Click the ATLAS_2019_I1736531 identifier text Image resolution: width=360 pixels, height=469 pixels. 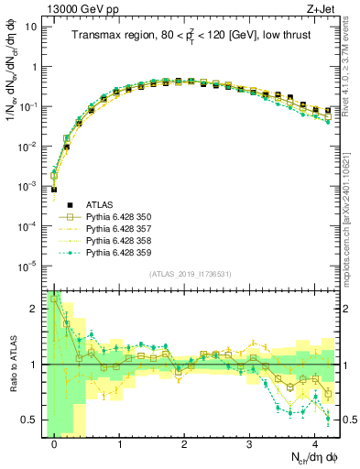coord(191,275)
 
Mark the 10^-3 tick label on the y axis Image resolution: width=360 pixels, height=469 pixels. coord(27,187)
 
